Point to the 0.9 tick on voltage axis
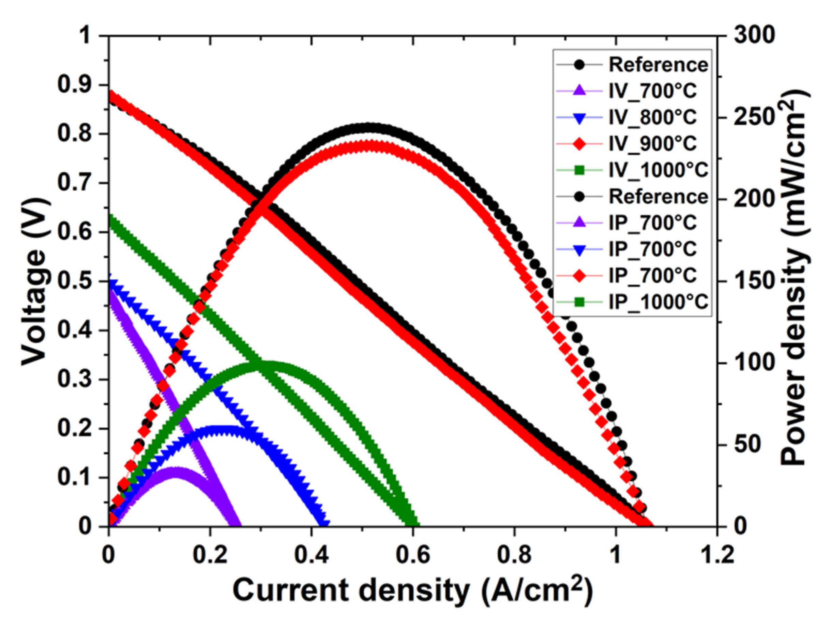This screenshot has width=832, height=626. pyautogui.click(x=75, y=85)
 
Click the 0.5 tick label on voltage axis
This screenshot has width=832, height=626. pyautogui.click(x=75, y=282)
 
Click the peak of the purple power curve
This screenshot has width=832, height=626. pyautogui.click(x=175, y=471)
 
